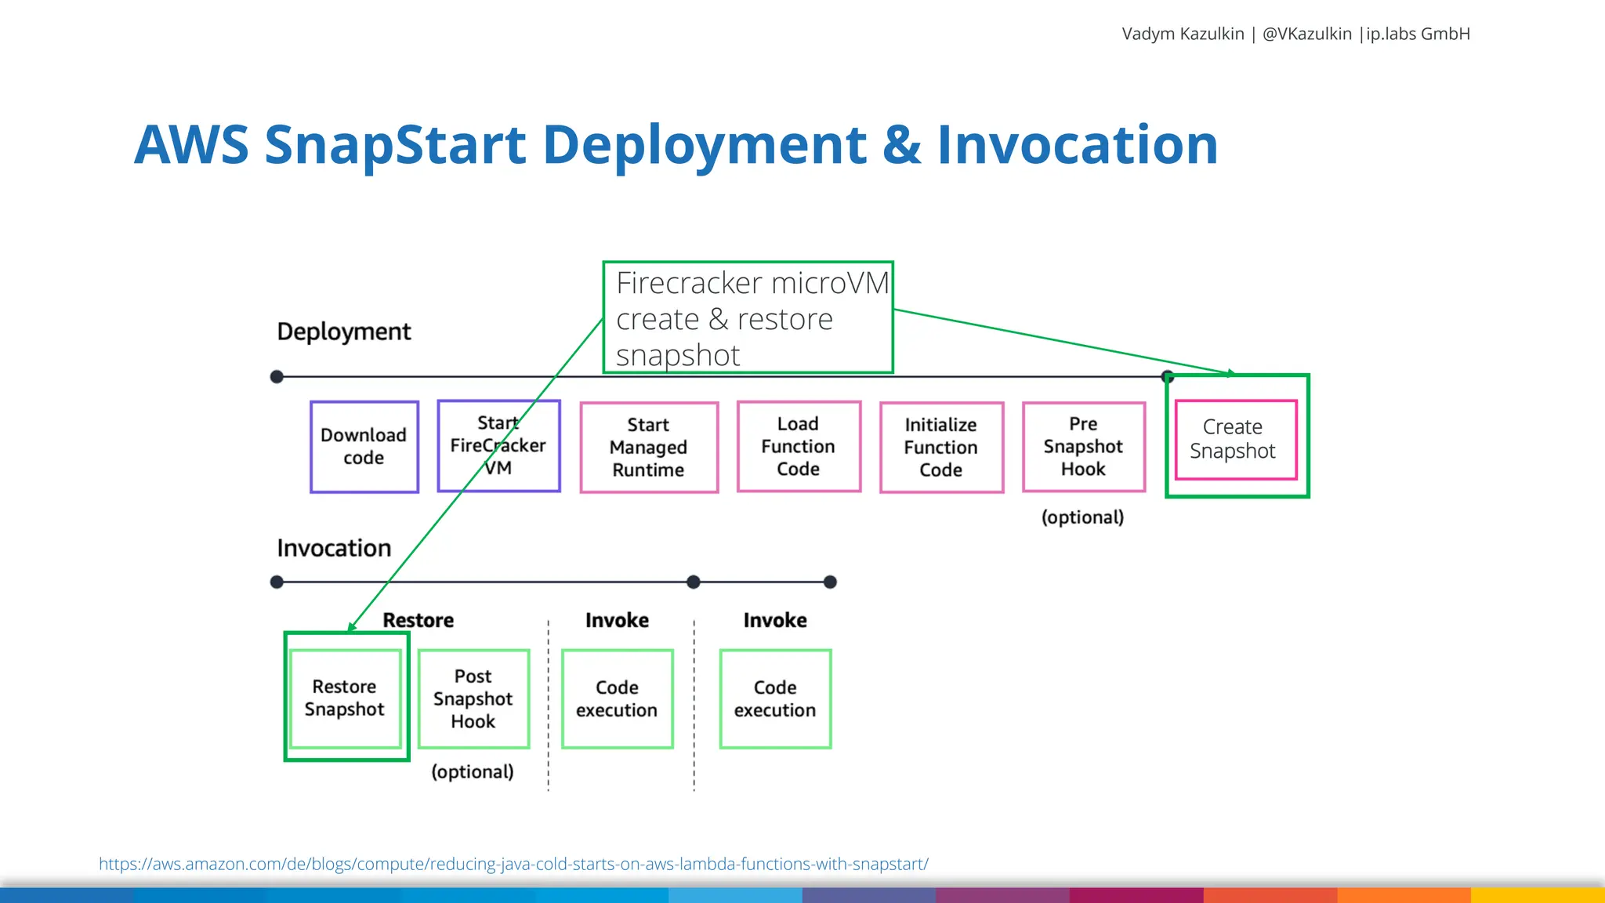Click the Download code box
[x=364, y=447]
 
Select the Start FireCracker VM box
[x=498, y=446]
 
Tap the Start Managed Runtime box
[x=649, y=448]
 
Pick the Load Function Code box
[x=799, y=447]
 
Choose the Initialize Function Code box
[x=941, y=448]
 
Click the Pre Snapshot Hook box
[x=1084, y=447]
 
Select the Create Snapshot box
[x=1236, y=440]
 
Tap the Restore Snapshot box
[x=345, y=698]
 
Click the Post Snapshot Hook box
[x=473, y=698]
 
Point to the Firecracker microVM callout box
[x=748, y=317]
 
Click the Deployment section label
[x=343, y=332]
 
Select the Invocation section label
[x=334, y=548]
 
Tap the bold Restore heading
[x=418, y=620]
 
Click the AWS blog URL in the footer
[x=513, y=864]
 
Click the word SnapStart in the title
[x=396, y=145]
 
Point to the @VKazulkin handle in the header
[x=1306, y=34]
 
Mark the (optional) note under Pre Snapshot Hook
[x=1082, y=517]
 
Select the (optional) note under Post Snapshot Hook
[x=473, y=772]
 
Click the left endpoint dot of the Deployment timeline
[x=277, y=377]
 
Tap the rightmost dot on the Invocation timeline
[x=831, y=582]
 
